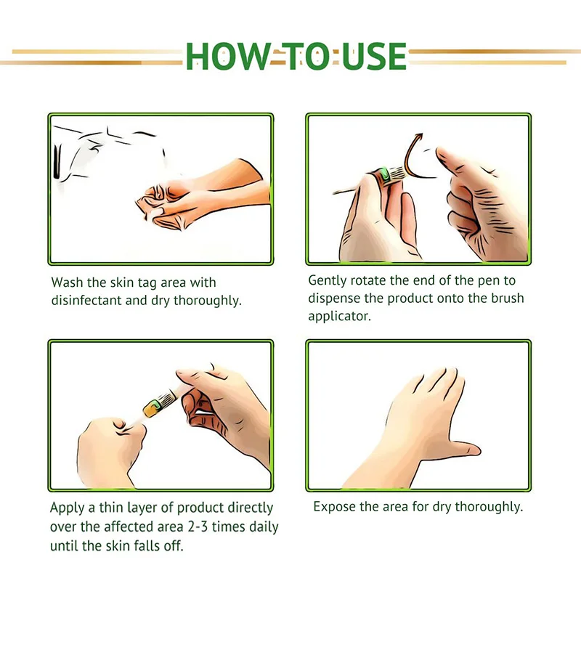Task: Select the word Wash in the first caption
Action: coord(67,283)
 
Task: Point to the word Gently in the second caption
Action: coord(328,281)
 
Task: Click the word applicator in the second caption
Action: coord(339,317)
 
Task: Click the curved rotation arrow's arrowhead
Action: coord(419,137)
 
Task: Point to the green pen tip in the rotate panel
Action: coord(385,174)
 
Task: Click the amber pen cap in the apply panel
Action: coord(152,408)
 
